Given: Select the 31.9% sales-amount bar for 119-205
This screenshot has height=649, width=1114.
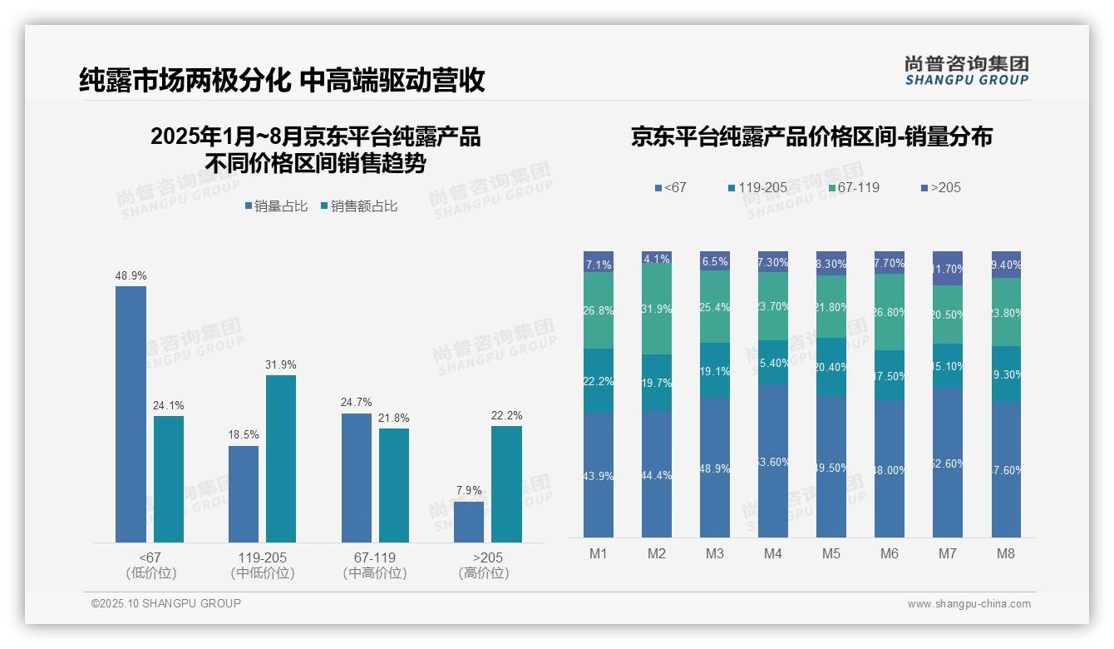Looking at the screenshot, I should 281,458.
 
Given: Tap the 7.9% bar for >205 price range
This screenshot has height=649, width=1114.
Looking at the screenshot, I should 469,522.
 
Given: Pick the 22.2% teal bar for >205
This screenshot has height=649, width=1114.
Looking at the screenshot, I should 506,484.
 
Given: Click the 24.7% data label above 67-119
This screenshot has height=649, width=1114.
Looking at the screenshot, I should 356,403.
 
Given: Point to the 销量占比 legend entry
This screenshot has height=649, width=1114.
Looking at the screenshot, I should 275,206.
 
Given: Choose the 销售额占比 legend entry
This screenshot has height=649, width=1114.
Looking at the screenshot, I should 358,206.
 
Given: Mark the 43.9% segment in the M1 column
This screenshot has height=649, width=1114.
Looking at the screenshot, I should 599,475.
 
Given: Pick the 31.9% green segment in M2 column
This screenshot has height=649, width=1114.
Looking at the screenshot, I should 657,309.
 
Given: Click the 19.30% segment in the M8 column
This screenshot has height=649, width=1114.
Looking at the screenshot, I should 1006,374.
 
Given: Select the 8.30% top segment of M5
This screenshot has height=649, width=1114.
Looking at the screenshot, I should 831,263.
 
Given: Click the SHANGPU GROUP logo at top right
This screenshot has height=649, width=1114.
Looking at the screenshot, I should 966,71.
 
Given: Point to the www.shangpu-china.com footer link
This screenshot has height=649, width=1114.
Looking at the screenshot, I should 969,604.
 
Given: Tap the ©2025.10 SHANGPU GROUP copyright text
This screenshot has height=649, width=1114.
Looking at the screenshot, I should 166,603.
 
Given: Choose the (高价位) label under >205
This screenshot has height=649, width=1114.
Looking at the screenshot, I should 483,573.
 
